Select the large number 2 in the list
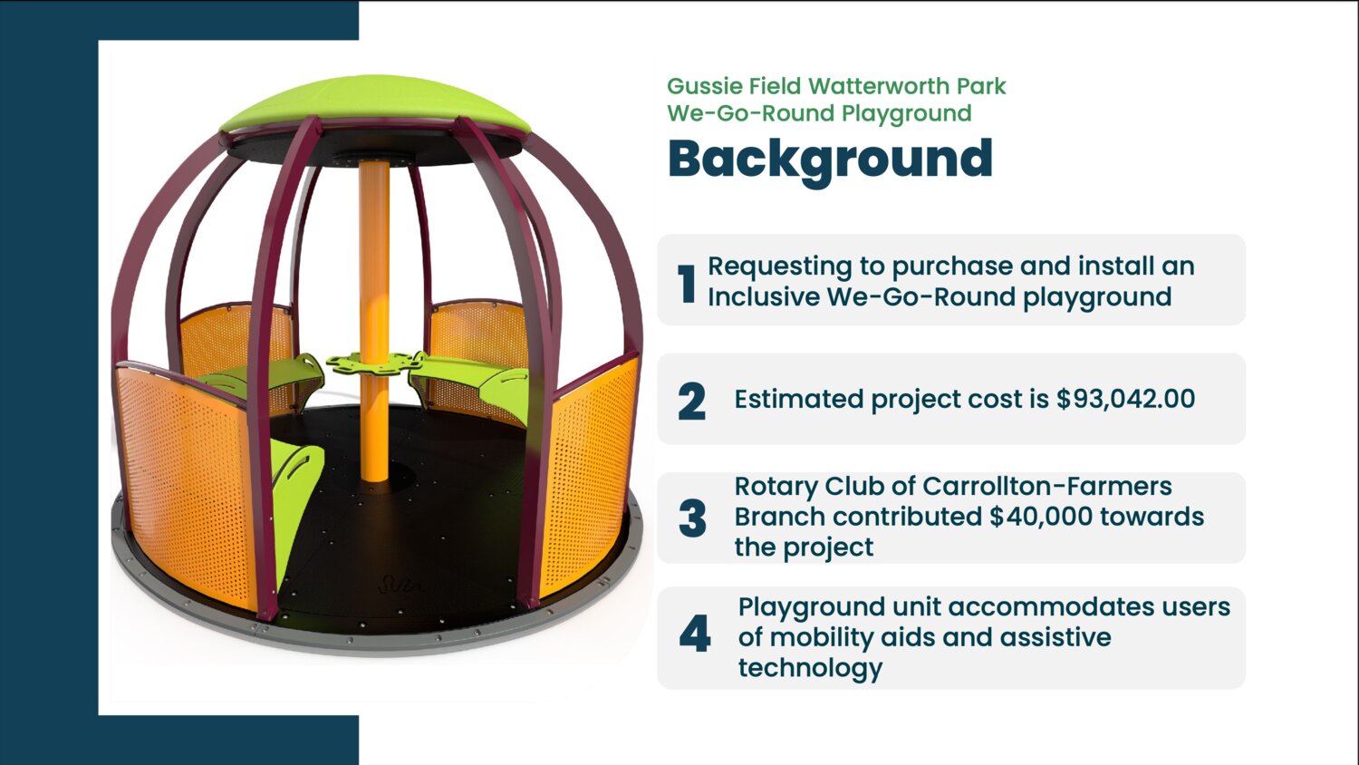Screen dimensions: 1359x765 point(691,402)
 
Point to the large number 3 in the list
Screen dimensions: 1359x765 point(692,518)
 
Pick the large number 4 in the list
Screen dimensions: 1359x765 point(695,634)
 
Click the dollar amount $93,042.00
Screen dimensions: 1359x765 point(1125,399)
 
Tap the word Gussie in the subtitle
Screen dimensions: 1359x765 point(704,86)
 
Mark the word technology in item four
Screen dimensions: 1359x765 point(810,669)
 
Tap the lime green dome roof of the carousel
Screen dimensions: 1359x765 point(374,103)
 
